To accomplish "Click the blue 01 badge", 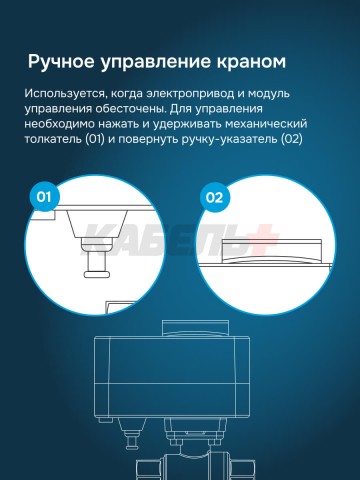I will pos(43,197).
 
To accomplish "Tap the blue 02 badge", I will pos(214,197).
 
